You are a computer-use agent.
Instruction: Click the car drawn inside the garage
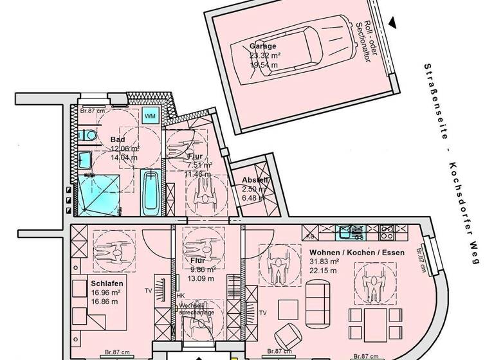[x=302, y=55]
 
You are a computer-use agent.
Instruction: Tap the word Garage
[x=263, y=46]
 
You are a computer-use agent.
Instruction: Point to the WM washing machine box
[x=150, y=116]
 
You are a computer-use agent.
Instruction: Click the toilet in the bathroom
[x=88, y=135]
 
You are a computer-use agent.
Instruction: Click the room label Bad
[x=118, y=139]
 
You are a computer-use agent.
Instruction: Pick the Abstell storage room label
[x=255, y=180]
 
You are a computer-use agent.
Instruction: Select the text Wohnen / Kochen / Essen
[x=356, y=253]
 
